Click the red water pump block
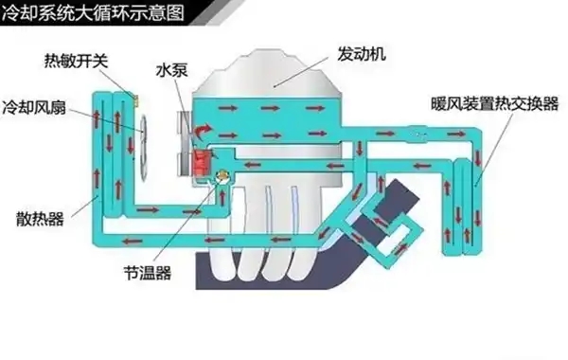(x=201, y=161)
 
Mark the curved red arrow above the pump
(x=203, y=127)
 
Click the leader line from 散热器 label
(x=81, y=205)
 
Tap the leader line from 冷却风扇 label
(x=109, y=121)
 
